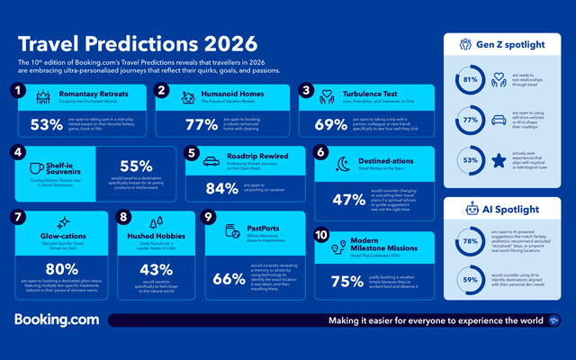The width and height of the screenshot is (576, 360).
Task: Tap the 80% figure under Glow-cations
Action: [x=62, y=268]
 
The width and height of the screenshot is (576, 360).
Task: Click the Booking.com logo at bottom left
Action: [x=55, y=319]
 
